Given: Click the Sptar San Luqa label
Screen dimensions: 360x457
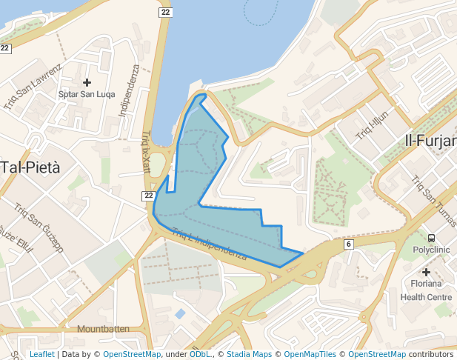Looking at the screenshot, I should tap(87, 94).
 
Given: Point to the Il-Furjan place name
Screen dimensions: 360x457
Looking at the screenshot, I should tap(430, 140).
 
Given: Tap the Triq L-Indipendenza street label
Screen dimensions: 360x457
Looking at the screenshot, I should tap(209, 244).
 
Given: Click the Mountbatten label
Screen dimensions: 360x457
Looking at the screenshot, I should tap(103, 328).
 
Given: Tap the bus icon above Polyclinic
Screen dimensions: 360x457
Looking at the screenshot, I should tap(431, 238).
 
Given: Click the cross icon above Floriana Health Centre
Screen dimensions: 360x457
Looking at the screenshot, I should tap(426, 272).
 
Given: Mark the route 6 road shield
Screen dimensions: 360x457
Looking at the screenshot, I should tap(347, 244).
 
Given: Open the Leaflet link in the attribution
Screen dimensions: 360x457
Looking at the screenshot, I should tap(41, 354).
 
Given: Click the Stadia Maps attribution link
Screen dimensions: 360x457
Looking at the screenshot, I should tap(250, 354).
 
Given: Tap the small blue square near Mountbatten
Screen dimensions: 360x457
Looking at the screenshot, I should tap(181, 314).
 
